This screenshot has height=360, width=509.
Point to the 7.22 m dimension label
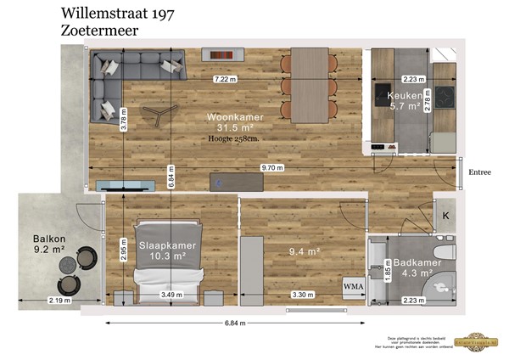click(x=225, y=79)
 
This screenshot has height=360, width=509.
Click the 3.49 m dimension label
click(x=172, y=295)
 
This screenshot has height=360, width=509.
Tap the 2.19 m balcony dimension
click(x=59, y=301)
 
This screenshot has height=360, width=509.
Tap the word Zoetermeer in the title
click(x=100, y=30)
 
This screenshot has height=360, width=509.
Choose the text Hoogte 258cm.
click(x=234, y=138)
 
